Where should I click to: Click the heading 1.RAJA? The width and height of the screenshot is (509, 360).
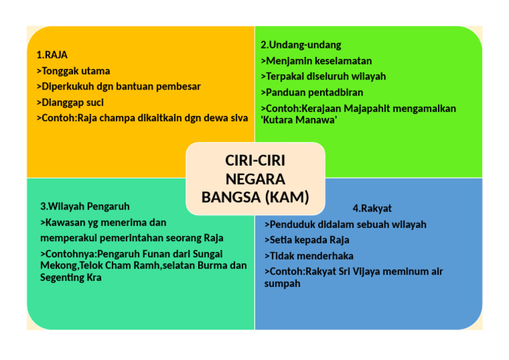[x=52, y=55]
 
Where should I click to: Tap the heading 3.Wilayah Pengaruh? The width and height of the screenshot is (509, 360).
[x=85, y=206]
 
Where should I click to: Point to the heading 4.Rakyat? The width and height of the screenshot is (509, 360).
[x=372, y=208]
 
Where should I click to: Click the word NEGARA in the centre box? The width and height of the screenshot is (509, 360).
[x=255, y=179]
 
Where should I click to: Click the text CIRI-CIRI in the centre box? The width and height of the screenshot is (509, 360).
[x=255, y=161]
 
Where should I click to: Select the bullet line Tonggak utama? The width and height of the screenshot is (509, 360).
[x=74, y=71]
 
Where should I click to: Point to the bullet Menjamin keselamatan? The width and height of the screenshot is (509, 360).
[x=315, y=61]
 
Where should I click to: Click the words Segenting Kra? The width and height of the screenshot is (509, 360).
[x=71, y=277]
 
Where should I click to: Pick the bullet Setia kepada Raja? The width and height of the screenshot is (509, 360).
[x=307, y=240]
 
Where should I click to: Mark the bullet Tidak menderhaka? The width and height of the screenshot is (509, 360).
[x=309, y=256]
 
